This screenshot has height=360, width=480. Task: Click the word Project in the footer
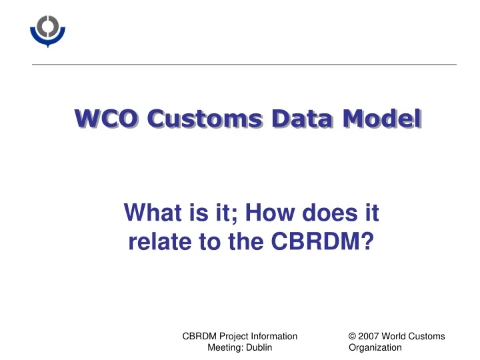233,337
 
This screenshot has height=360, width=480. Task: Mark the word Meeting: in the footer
226,347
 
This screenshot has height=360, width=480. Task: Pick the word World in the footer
397,337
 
